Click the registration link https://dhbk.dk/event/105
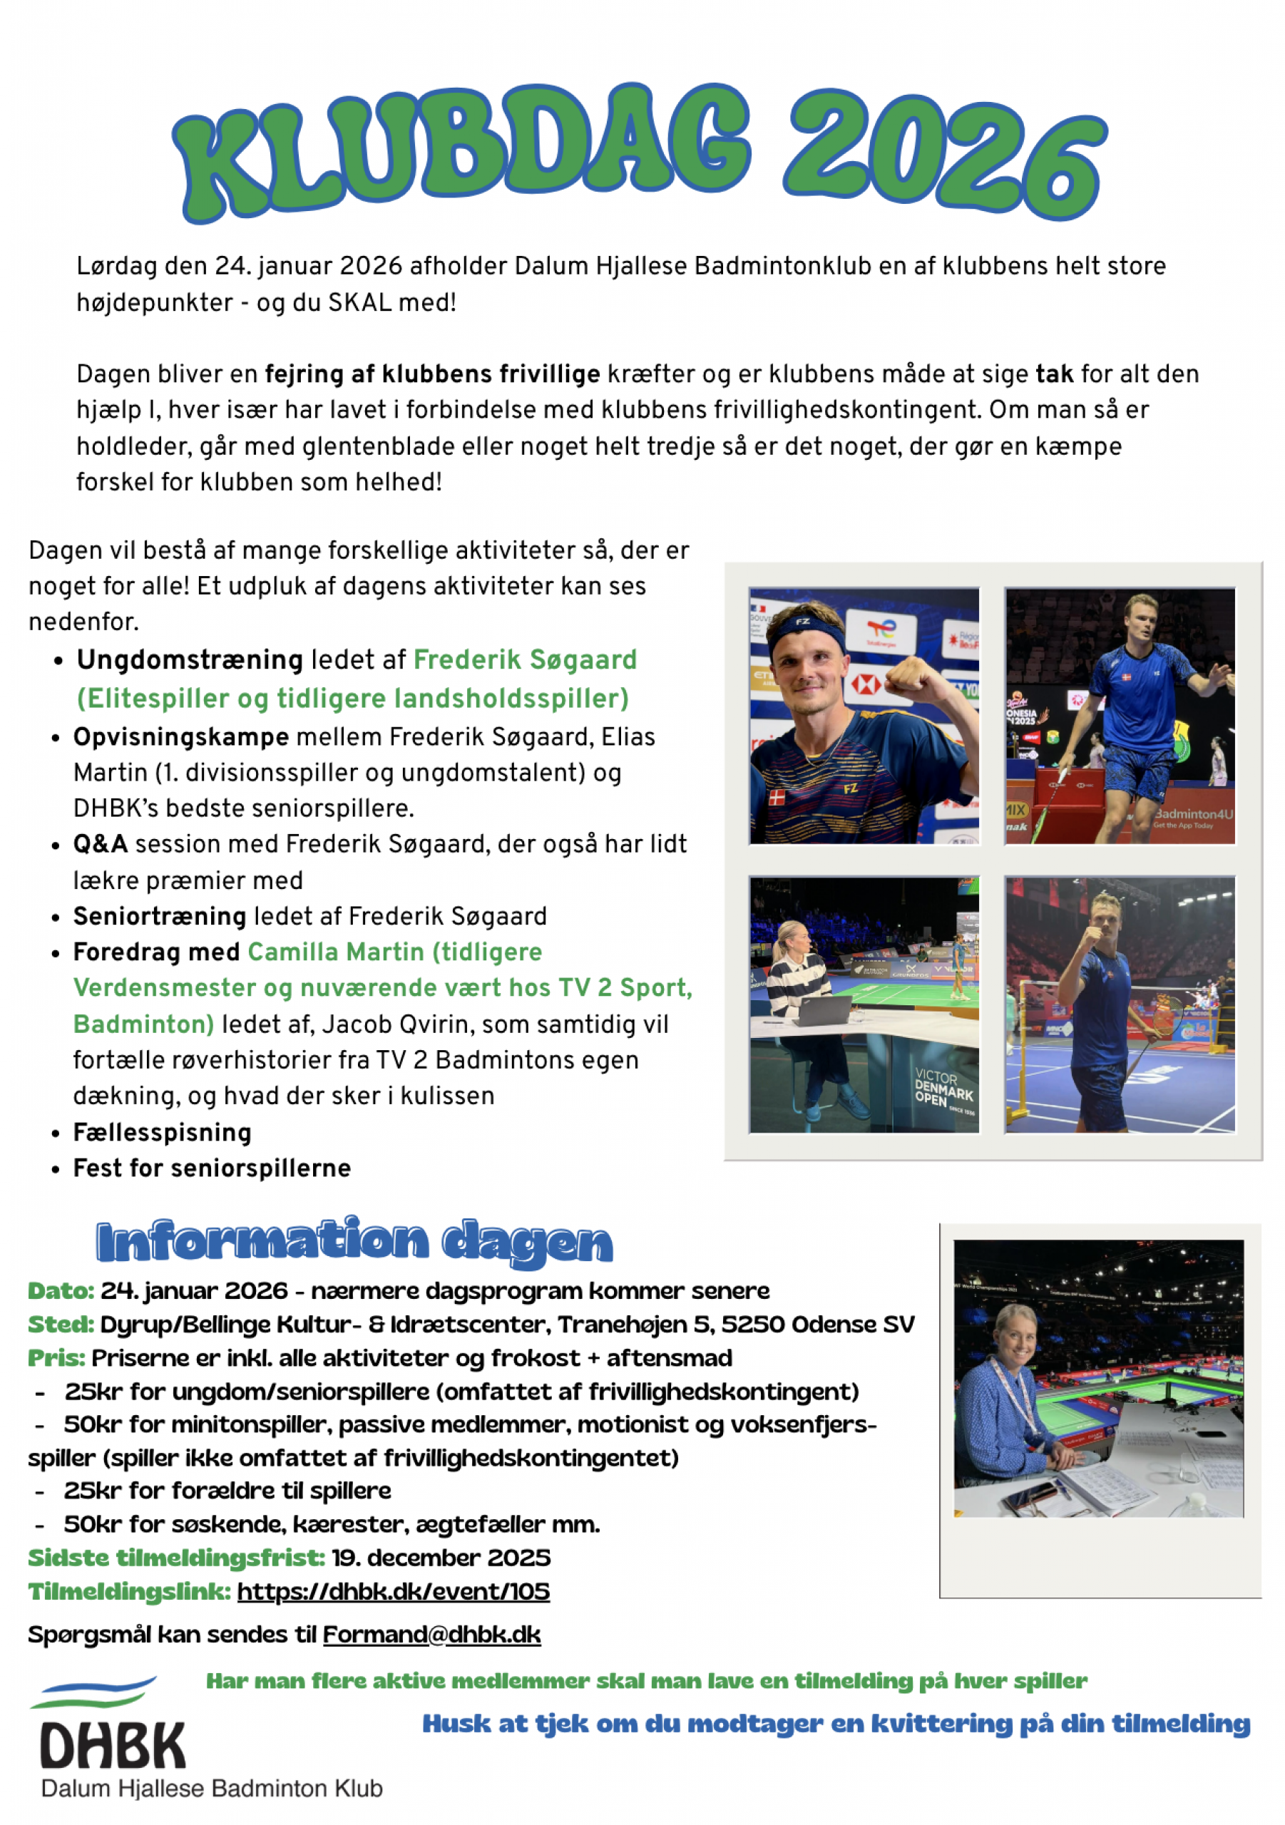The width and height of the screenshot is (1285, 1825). click(393, 1592)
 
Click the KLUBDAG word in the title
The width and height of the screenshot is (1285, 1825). click(461, 151)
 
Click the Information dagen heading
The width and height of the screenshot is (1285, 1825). click(354, 1243)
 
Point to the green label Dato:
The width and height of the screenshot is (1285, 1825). click(61, 1291)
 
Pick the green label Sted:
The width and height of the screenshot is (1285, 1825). click(61, 1325)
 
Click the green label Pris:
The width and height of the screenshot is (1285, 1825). click(56, 1357)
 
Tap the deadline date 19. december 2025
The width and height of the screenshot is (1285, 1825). click(441, 1558)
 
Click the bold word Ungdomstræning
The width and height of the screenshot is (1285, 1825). click(189, 659)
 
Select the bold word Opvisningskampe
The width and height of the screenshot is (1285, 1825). click(180, 737)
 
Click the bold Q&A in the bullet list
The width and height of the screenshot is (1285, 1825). click(101, 844)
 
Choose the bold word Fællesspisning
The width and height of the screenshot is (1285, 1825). click(162, 1133)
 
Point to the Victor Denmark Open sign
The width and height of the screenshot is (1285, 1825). click(943, 1089)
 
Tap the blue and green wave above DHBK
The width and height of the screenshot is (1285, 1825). click(94, 1693)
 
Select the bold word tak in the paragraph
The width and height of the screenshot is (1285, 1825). click(1054, 374)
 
